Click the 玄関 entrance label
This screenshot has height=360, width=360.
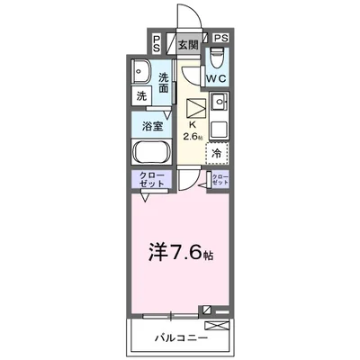coord(187,42)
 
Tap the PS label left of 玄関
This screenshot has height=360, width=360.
coord(157,42)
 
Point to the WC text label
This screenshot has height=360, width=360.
coord(217,79)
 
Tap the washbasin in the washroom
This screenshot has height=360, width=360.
coord(142,72)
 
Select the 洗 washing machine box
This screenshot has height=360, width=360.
coord(142,96)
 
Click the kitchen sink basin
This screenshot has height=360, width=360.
coord(220,100)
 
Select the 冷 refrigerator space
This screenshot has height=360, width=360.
coord(217,154)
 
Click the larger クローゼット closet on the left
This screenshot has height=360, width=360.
coord(153,178)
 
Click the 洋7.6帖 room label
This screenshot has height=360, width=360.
coord(179,250)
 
